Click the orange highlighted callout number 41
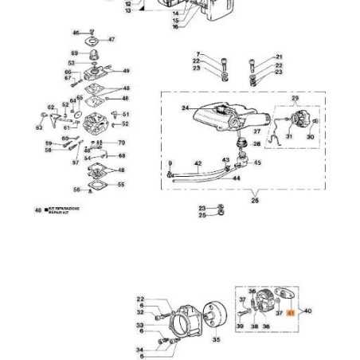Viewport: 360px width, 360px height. pyautogui.click(x=291, y=314)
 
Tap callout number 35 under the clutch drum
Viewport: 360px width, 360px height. pyautogui.click(x=216, y=339)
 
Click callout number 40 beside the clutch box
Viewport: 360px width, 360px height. pyautogui.click(x=308, y=311)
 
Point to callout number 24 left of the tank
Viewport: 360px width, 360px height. pyautogui.click(x=185, y=108)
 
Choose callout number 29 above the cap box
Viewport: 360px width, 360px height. pyautogui.click(x=295, y=98)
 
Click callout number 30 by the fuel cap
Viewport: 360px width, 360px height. pyautogui.click(x=310, y=136)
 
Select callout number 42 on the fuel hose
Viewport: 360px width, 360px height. pyautogui.click(x=198, y=164)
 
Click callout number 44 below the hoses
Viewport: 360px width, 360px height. pyautogui.click(x=236, y=178)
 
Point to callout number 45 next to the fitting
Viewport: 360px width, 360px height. pyautogui.click(x=256, y=162)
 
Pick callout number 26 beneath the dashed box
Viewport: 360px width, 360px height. pyautogui.click(x=255, y=201)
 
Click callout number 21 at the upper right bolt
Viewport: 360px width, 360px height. pyautogui.click(x=278, y=57)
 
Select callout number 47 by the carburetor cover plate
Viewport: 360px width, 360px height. pyautogui.click(x=111, y=38)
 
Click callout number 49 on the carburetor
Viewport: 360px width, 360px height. pyautogui.click(x=126, y=70)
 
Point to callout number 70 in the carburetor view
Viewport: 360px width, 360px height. pyautogui.click(x=121, y=143)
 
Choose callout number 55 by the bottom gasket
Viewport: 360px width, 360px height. pyautogui.click(x=120, y=184)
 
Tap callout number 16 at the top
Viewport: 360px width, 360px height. pyautogui.click(x=175, y=26)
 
